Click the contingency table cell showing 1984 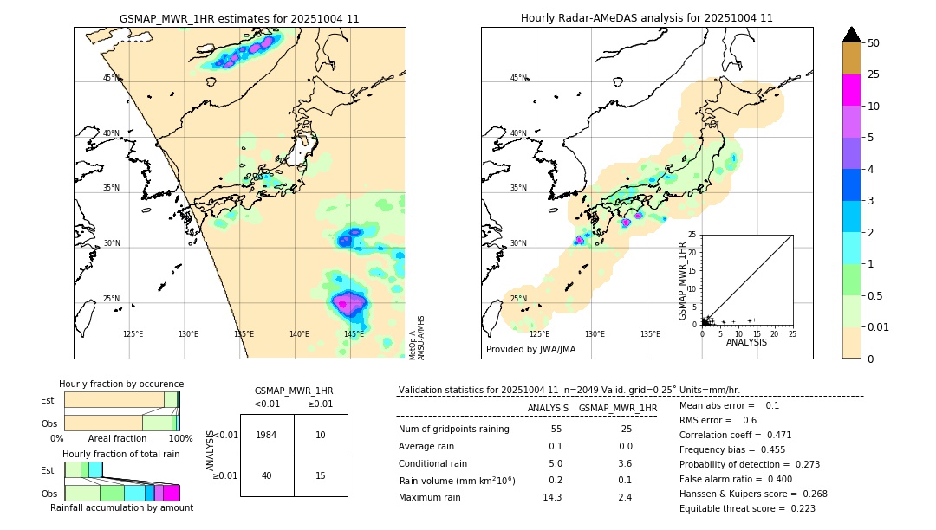point(267,435)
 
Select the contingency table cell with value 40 point(267,475)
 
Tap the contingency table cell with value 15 point(321,475)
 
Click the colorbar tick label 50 point(874,43)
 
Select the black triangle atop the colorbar point(852,35)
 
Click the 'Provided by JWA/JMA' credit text point(530,350)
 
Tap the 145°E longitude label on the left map point(354,334)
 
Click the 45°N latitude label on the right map point(518,78)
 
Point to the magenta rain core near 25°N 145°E point(348,302)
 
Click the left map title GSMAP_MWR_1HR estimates point(239,18)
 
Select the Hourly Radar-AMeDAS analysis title point(647,18)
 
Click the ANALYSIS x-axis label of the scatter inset point(746,342)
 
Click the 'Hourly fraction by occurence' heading point(121,384)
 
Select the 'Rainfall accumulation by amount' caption point(122,508)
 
